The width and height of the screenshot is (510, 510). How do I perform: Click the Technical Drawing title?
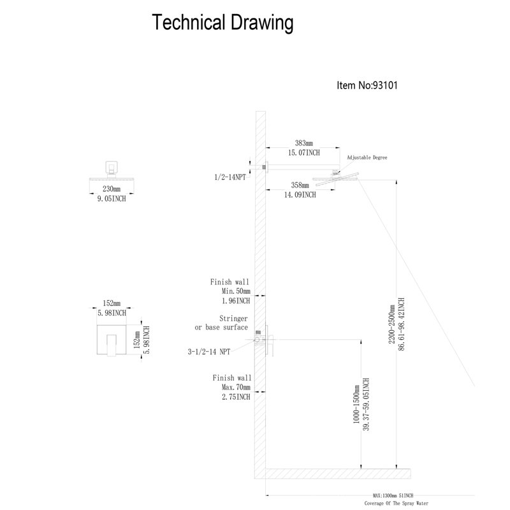[222, 23]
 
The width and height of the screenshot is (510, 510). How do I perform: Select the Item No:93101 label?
[367, 85]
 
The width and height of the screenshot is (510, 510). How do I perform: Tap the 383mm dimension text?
[304, 143]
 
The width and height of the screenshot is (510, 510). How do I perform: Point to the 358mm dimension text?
[300, 186]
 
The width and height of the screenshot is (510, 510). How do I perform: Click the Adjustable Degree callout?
[367, 157]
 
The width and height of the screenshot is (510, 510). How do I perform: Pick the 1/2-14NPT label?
[230, 177]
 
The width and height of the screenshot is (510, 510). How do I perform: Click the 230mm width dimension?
[112, 189]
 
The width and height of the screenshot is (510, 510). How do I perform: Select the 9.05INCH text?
[112, 198]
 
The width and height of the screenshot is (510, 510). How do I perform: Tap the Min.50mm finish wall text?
[236, 291]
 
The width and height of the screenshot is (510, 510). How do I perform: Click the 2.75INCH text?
[236, 397]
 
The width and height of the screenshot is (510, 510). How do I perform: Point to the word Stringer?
[233, 318]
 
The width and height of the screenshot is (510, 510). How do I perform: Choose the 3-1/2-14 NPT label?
[209, 352]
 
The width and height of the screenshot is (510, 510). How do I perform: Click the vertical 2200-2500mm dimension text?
[391, 324]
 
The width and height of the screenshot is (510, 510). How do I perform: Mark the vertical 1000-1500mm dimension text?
[356, 404]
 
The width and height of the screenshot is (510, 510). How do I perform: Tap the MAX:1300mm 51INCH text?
[393, 496]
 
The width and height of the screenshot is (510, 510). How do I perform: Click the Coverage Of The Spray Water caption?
[396, 503]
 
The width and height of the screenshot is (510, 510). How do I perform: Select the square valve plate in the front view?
[112, 340]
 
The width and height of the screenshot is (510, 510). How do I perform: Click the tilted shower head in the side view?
[336, 178]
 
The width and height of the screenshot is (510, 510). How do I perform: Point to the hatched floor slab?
[338, 474]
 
